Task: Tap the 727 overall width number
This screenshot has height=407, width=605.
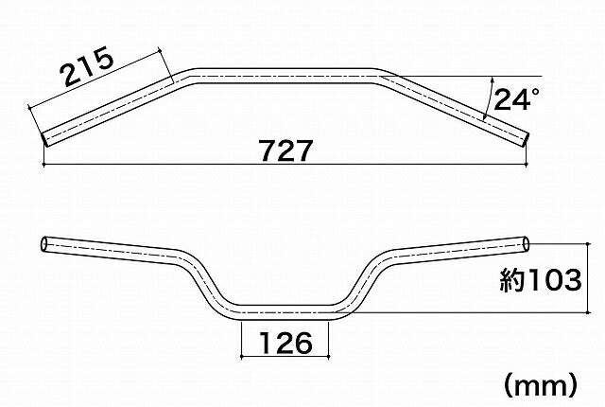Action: (285, 151)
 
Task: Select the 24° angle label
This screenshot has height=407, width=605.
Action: (517, 99)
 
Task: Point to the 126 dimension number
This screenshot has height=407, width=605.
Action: (285, 343)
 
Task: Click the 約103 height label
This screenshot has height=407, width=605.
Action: (540, 280)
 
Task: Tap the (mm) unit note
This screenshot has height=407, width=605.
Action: (541, 385)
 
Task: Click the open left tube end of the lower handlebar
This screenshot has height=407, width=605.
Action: (44, 244)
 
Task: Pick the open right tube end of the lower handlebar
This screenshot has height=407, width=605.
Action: (526, 244)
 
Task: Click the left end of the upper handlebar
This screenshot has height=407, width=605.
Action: (44, 139)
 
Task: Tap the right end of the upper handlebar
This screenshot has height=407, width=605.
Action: (526, 139)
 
